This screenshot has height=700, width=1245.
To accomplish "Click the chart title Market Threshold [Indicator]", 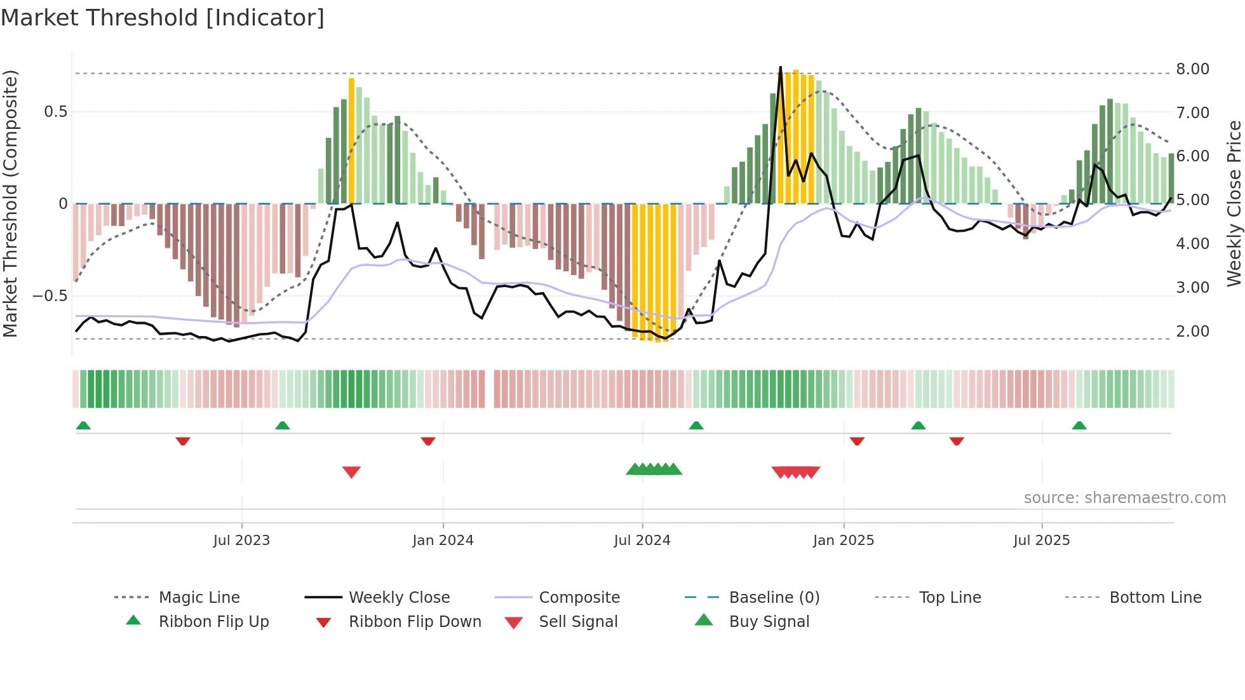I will tap(163, 18).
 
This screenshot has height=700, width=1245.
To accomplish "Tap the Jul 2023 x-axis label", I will tap(241, 541).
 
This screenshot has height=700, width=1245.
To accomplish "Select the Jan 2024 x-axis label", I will tap(443, 541).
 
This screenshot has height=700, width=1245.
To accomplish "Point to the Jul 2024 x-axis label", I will tap(642, 541).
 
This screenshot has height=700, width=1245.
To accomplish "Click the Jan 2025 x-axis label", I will tap(844, 541).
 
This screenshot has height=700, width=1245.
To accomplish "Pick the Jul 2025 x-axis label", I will tap(1042, 541).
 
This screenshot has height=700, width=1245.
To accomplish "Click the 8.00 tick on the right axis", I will tap(1192, 69).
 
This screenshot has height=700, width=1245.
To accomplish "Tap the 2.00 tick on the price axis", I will tap(1192, 332).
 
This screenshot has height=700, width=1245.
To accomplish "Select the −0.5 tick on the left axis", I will tap(50, 296).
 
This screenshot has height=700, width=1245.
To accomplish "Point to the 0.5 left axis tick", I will tap(55, 112).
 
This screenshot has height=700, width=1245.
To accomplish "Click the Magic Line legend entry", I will tap(199, 598).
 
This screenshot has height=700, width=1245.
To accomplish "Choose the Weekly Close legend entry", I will tap(399, 598).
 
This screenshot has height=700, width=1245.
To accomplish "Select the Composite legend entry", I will tap(579, 598).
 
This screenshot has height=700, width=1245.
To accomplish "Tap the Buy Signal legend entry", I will tap(769, 622).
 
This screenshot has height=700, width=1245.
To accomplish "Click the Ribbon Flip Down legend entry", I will tap(415, 622).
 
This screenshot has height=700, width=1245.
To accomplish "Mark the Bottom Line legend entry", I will tap(1155, 598).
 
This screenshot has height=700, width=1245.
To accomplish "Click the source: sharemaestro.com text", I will tap(1124, 498).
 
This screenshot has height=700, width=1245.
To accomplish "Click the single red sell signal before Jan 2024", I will tap(351, 472).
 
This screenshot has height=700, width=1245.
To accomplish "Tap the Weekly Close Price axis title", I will tap(1234, 203).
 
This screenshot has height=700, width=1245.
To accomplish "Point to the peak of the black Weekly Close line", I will tap(781, 67).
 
